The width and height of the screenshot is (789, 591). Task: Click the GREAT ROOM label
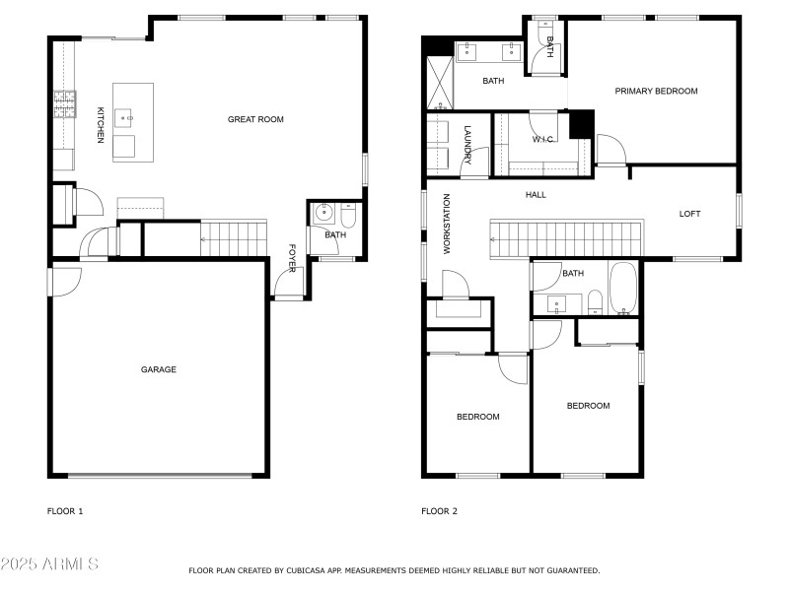click(x=255, y=119)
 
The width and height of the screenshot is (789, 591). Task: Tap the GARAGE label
click(x=158, y=369)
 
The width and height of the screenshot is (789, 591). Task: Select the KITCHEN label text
click(x=100, y=126)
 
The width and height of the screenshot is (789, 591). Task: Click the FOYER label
click(x=292, y=256)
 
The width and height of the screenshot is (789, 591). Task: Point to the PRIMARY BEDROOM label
click(x=656, y=91)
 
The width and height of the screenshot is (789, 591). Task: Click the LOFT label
click(x=689, y=214)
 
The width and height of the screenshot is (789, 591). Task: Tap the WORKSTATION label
click(x=446, y=225)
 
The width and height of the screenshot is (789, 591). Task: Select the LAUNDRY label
click(x=467, y=144)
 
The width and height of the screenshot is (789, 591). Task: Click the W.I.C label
click(x=542, y=139)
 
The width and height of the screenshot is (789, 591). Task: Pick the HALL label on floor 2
click(x=536, y=195)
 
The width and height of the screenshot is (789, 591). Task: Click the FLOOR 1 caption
click(x=65, y=511)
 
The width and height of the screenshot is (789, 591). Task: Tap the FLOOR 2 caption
click(x=439, y=511)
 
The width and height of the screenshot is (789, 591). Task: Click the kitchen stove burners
click(x=64, y=102)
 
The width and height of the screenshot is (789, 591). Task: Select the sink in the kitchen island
click(x=125, y=117)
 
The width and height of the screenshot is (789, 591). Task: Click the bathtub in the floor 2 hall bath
click(x=623, y=289)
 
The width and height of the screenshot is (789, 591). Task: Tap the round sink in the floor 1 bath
click(x=323, y=213)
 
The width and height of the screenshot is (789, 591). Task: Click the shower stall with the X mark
click(x=439, y=83)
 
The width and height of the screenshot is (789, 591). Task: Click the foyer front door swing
click(x=287, y=286)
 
